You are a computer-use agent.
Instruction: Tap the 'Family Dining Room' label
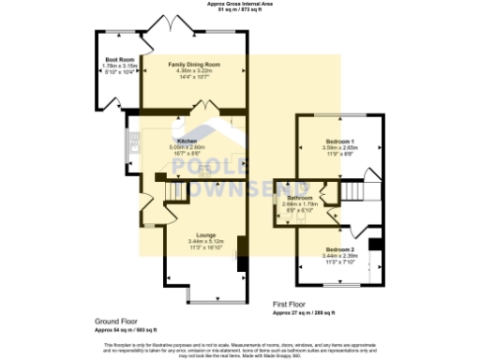pyautogui.click(x=194, y=64)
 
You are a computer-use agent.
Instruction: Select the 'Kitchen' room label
pyautogui.click(x=187, y=141)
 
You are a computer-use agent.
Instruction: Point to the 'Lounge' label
pyautogui.click(x=206, y=234)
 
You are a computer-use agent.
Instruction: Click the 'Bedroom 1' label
pyautogui.click(x=339, y=141)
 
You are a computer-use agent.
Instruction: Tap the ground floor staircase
pyautogui.click(x=174, y=190)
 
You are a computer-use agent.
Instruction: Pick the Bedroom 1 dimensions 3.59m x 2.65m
pyautogui.click(x=339, y=147)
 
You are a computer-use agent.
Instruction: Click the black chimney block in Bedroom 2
pyautogui.click(x=377, y=246)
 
